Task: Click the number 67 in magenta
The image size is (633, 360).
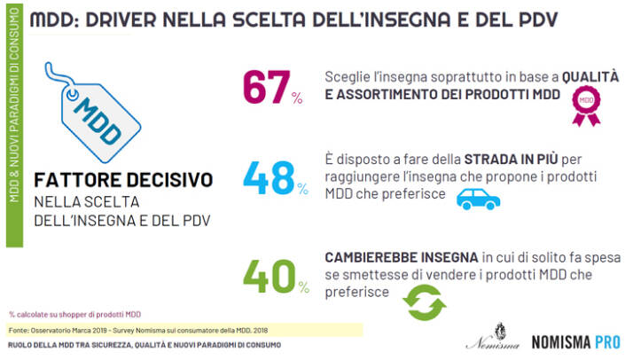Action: pos(265,87)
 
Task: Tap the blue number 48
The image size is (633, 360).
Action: pos(269,177)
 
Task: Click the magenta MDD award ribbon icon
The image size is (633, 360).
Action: pos(586,103)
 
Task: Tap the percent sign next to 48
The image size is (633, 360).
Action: pos(304,191)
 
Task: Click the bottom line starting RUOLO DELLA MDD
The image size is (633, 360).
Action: pos(147,347)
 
